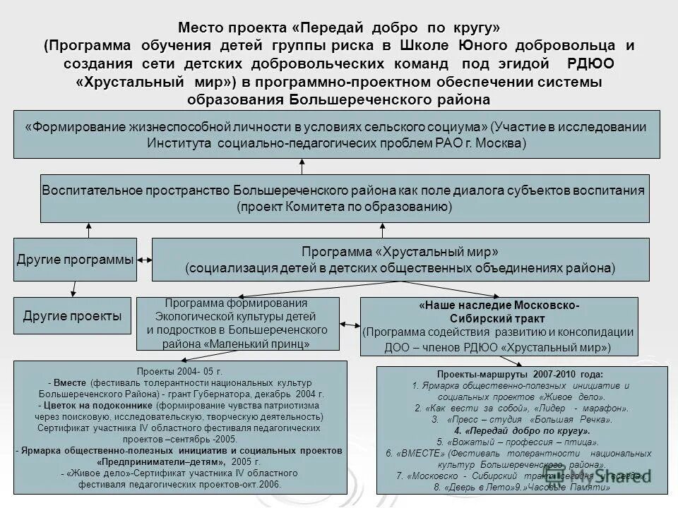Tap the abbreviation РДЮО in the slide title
coord(590,64)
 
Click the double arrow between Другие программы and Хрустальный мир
coord(144,260)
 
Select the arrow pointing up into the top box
coord(302,166)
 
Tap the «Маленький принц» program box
coord(237,324)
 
